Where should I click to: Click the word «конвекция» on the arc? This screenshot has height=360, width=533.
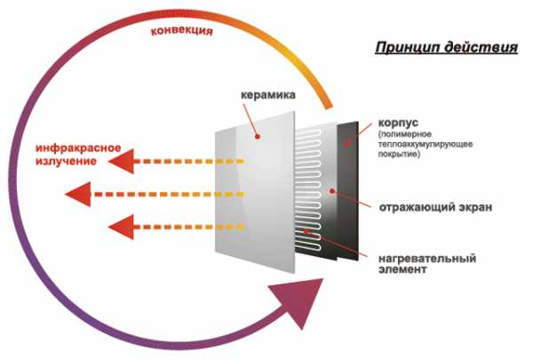tap(182, 30)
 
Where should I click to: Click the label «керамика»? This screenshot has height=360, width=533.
tap(266, 94)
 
